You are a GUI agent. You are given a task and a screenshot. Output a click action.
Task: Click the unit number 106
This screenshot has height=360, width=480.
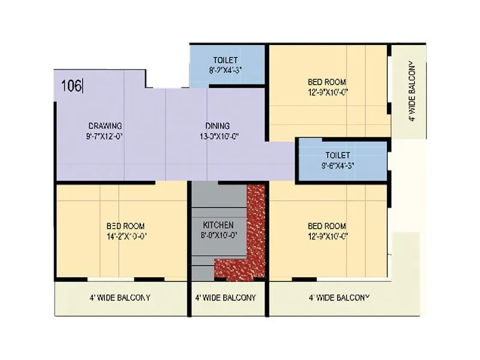coord(71,86)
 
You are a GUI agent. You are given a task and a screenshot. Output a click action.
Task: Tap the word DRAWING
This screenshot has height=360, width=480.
coord(105,126)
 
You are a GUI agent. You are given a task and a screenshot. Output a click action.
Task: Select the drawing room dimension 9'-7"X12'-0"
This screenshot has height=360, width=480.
coord(105,136)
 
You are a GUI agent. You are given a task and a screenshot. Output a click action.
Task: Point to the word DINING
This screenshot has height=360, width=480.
coord(217,126)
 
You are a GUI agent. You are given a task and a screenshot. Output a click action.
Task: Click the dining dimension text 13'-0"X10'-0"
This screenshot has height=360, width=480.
coord(217,136)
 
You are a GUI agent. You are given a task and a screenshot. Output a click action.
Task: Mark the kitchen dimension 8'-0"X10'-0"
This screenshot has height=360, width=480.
coord(218,235)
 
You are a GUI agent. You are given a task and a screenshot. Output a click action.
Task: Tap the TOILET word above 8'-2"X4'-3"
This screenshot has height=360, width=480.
coord(225,60)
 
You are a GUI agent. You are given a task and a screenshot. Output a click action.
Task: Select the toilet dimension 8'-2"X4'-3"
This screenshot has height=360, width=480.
coord(225,70)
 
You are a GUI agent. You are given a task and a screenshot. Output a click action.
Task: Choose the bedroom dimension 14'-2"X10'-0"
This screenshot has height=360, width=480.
coord(125,235)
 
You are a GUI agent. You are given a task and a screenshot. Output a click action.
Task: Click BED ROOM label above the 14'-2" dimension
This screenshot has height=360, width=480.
coord(125,226)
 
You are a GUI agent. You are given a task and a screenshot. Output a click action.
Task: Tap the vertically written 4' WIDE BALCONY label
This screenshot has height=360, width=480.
coord(412,91)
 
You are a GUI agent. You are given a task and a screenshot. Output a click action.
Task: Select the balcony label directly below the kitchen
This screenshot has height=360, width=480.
coord(226,298)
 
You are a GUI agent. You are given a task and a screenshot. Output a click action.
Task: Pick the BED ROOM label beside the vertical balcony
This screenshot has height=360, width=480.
coord(327,82)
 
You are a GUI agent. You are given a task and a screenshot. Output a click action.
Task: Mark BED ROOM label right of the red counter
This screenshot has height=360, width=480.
coord(327,226)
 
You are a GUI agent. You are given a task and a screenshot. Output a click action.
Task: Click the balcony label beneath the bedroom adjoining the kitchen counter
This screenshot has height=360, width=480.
coord(339,298)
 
